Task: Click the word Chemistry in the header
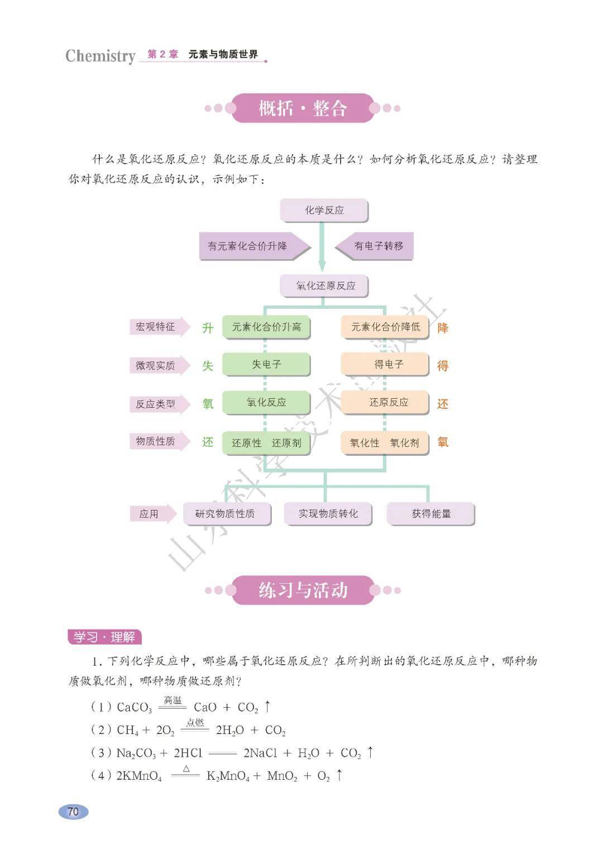pyautogui.click(x=100, y=56)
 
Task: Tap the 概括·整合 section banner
pyautogui.click(x=303, y=108)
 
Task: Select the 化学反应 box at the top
pyautogui.click(x=324, y=211)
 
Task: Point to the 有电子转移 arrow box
pyautogui.click(x=376, y=246)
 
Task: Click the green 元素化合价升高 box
pyautogui.click(x=266, y=327)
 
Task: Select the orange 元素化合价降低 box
pyautogui.click(x=385, y=327)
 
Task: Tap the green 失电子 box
pyautogui.click(x=266, y=365)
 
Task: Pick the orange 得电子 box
pyautogui.click(x=385, y=365)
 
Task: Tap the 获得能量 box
pyautogui.click(x=430, y=514)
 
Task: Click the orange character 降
pyautogui.click(x=443, y=328)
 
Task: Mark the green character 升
pyautogui.click(x=208, y=328)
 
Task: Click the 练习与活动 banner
pyautogui.click(x=303, y=590)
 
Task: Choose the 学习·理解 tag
pyautogui.click(x=104, y=637)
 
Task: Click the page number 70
pyautogui.click(x=73, y=812)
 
